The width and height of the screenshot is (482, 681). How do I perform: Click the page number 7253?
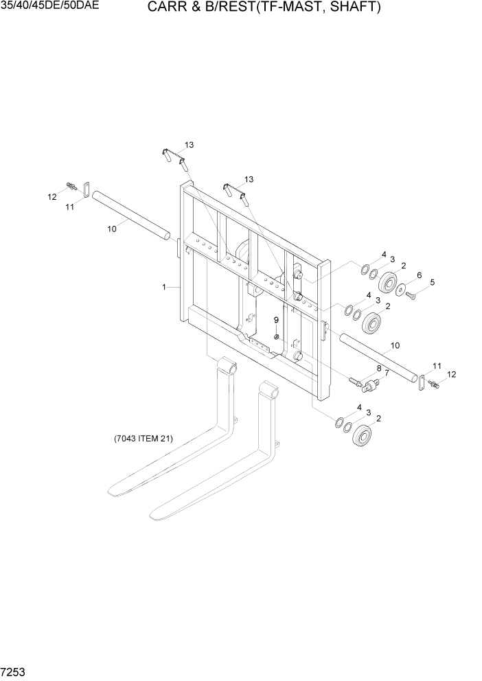click(x=15, y=669)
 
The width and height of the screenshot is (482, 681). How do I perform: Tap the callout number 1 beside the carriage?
click(x=165, y=288)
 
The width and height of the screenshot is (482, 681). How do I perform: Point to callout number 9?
click(x=276, y=320)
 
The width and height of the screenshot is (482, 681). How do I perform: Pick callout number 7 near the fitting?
click(x=378, y=368)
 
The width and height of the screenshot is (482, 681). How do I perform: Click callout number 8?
click(x=378, y=368)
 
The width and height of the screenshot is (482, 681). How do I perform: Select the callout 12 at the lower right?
click(x=451, y=374)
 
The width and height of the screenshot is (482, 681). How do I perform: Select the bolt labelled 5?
click(x=411, y=295)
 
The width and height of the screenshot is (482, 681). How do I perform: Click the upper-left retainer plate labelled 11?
click(x=87, y=189)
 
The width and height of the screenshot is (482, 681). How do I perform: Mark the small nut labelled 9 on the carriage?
click(x=276, y=336)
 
